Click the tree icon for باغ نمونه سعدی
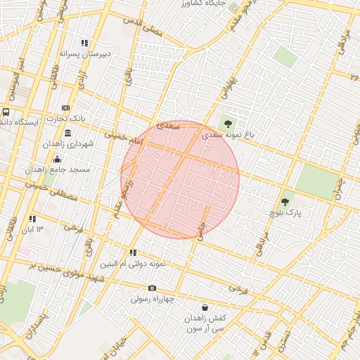click(x=227, y=124)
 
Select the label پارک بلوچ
click(x=285, y=212)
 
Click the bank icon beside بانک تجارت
click(x=65, y=108)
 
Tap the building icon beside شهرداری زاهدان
click(x=67, y=134)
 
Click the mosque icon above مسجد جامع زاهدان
click(x=58, y=160)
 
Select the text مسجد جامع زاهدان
click(x=49, y=169)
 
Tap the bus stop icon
click(x=6, y=112)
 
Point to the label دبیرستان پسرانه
click(x=84, y=53)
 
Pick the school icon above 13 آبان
click(x=32, y=219)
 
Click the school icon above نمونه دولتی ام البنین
click(x=132, y=252)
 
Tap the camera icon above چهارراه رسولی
click(x=152, y=288)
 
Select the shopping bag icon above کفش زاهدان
click(x=205, y=307)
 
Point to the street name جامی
click(x=202, y=233)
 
